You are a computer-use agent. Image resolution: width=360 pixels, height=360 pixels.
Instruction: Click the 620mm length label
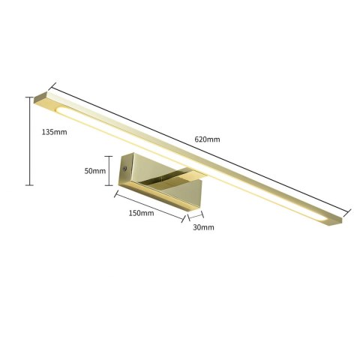[207, 139]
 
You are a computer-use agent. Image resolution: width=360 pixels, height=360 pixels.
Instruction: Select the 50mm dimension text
[95, 171]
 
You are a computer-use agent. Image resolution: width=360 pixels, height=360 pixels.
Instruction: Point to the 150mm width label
[141, 213]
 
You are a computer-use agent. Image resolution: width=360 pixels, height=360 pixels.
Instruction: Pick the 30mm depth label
[203, 226]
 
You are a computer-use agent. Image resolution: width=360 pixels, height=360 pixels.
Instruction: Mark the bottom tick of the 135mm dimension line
[30, 184]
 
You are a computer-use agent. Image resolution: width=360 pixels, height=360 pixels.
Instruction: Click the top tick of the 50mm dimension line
[109, 154]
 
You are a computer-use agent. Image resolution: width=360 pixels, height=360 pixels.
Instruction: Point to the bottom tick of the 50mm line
[109, 185]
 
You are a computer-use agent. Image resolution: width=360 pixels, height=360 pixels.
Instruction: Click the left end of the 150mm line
[115, 193]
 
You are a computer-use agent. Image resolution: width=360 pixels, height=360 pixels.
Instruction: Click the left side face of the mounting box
[126, 170]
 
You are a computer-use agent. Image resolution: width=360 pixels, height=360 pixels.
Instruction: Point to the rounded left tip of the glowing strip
[60, 109]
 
